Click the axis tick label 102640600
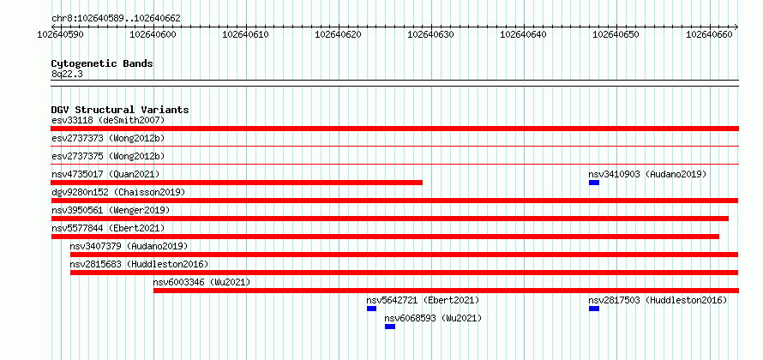(x=153, y=34)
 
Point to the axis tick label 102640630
(x=430, y=34)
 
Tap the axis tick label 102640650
(x=616, y=34)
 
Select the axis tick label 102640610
(x=246, y=34)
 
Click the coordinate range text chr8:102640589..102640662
(x=116, y=19)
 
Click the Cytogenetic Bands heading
(x=102, y=63)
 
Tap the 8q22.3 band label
(x=67, y=74)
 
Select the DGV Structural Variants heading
(x=120, y=110)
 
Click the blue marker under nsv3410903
(x=593, y=183)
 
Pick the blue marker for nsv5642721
(x=371, y=309)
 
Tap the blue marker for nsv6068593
(x=390, y=327)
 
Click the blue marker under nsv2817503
(x=593, y=309)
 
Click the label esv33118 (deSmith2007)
(x=108, y=120)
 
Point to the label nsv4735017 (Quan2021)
(x=105, y=174)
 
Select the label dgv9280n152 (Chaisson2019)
(x=118, y=192)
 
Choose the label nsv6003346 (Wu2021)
(x=201, y=282)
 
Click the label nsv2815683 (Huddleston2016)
(x=139, y=264)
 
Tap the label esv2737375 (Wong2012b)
(x=108, y=156)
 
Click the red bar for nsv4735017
(x=237, y=183)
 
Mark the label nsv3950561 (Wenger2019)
(x=111, y=210)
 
